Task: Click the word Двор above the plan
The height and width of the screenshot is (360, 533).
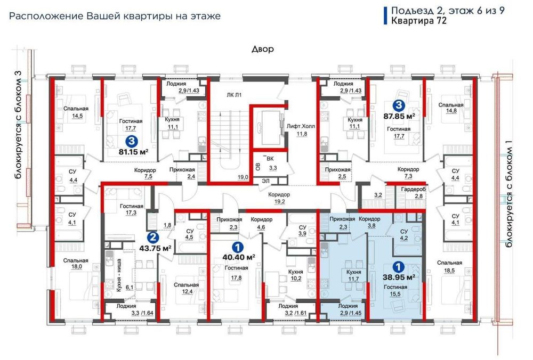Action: point(262,49)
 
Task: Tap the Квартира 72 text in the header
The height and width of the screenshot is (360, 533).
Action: point(419,21)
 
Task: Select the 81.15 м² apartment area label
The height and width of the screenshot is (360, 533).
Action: point(134,152)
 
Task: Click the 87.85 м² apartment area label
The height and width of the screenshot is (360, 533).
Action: point(399,116)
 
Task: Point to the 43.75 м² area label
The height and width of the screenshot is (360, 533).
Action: point(155,248)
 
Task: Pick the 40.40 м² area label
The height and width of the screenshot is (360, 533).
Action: point(239,257)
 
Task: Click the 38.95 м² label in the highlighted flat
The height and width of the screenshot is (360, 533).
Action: point(399,277)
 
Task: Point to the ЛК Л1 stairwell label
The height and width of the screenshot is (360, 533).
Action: point(234,95)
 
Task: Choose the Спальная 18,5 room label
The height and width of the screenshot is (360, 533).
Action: point(449,267)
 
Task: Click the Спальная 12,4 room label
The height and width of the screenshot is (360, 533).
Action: point(186,288)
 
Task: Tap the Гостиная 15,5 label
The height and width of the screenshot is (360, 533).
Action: point(395,290)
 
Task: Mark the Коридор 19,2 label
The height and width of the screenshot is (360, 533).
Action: point(279,198)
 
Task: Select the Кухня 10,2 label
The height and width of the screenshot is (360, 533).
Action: point(295,275)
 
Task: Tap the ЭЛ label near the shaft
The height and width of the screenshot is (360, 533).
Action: point(265,181)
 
